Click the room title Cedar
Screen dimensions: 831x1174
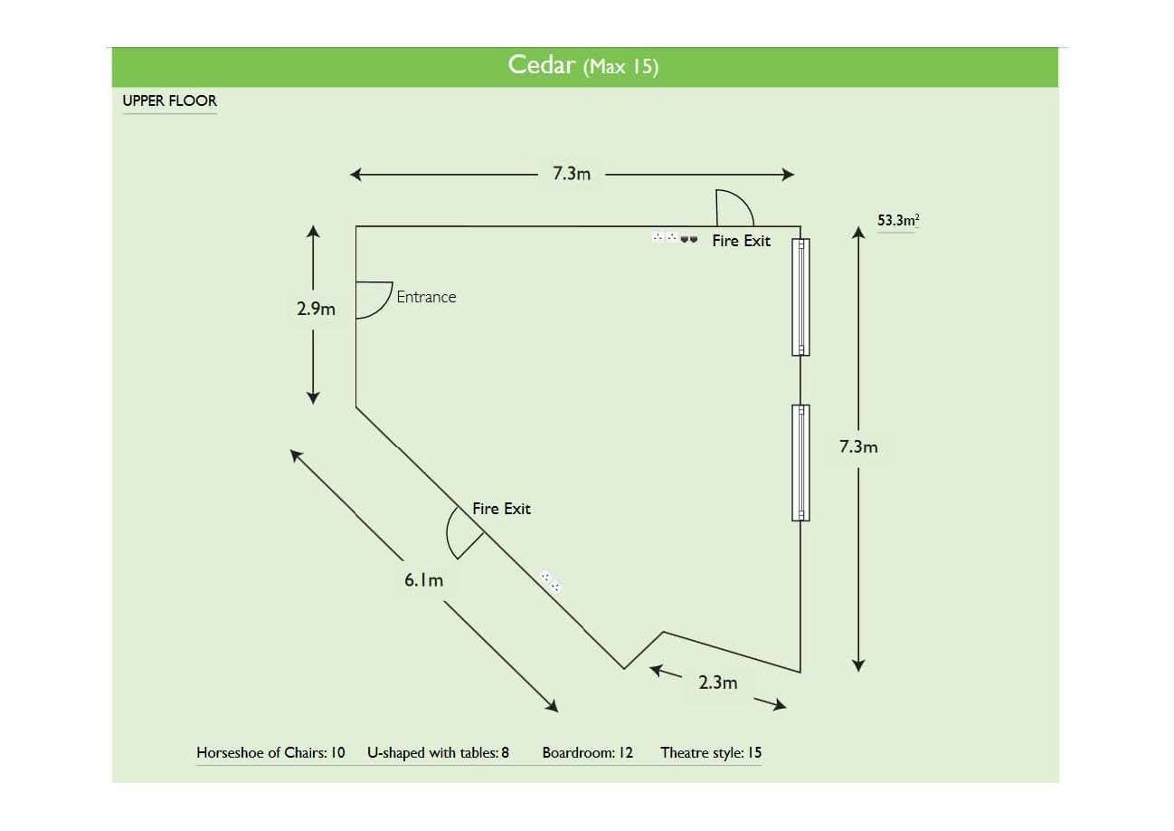click(541, 65)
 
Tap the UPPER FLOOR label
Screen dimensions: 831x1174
click(170, 100)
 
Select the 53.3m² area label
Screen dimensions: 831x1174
click(898, 220)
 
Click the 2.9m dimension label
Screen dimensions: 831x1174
click(316, 309)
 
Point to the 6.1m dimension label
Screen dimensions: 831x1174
click(423, 580)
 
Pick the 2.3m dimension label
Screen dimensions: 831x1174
click(717, 683)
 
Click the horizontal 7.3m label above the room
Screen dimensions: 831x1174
click(572, 174)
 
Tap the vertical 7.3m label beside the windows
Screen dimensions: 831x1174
click(858, 446)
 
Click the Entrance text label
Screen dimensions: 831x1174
click(426, 297)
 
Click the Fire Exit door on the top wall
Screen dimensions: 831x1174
click(734, 208)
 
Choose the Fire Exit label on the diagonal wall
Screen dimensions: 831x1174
click(501, 509)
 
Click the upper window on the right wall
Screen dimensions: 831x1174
click(800, 297)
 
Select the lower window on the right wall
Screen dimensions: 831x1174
click(800, 463)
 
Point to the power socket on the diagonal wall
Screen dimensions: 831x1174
click(551, 581)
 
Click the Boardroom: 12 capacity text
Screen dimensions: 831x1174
click(588, 752)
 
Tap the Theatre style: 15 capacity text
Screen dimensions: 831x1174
click(711, 752)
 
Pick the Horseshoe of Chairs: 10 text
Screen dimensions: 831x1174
click(270, 752)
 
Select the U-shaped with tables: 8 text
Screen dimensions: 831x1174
click(438, 752)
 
